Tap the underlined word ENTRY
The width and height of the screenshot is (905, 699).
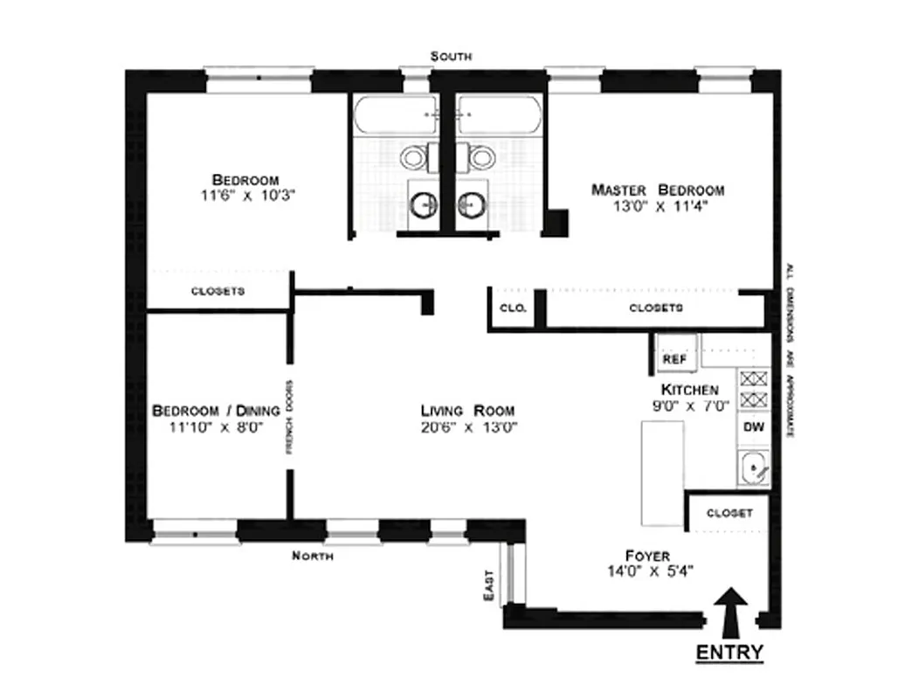729,653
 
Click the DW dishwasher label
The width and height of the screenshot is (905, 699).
752,428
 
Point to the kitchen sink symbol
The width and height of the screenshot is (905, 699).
753,470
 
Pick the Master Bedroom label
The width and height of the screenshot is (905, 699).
657,190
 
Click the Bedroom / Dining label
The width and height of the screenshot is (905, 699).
216,411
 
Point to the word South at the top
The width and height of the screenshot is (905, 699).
452,56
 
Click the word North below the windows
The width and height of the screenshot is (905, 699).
312,555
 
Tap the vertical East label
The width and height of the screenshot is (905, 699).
488,585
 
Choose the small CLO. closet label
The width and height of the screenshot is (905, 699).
510,308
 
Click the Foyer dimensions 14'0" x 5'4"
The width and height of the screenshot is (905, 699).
647,572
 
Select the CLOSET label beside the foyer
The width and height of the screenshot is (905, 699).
729,513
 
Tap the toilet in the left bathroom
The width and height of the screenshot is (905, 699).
414,157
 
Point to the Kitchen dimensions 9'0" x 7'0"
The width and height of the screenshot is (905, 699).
689,406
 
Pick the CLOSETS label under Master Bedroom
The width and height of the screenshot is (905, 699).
656,308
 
